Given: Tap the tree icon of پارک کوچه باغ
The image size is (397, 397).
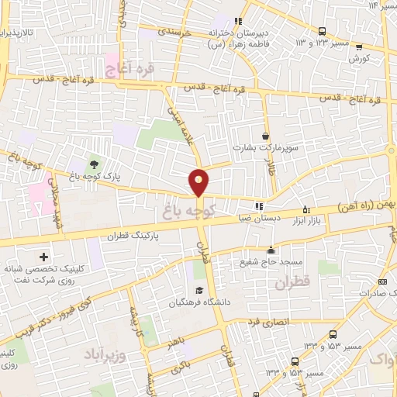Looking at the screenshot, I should tap(94, 164).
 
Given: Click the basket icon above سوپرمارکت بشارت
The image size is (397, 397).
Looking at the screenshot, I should tap(266, 135).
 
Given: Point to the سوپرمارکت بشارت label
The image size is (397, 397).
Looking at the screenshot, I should tap(266, 147).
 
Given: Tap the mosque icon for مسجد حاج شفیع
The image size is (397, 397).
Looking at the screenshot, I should tap(271, 250).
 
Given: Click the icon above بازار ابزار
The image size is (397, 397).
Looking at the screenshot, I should tap(306, 209).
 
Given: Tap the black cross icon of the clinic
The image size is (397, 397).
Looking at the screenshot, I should tap(43, 257).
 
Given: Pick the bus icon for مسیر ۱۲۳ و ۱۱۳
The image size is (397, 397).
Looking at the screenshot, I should tap(322, 31).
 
